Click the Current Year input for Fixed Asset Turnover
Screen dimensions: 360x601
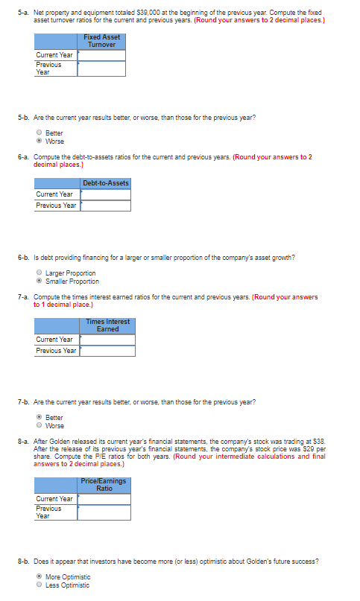point(101,55)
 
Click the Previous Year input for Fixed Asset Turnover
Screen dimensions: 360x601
point(101,69)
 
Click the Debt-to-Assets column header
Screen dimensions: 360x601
point(106,183)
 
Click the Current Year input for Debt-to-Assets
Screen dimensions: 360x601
point(106,194)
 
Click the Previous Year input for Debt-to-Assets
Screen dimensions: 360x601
point(106,206)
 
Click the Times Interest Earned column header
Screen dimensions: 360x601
point(107,325)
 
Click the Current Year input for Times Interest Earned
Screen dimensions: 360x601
point(107,340)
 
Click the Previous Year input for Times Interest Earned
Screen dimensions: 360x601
point(107,351)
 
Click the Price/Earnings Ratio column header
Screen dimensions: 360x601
point(104,485)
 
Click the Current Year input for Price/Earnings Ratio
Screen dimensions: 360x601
point(104,499)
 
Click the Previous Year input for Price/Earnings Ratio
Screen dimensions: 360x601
point(104,512)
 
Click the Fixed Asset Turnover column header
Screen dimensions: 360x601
point(101,41)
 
